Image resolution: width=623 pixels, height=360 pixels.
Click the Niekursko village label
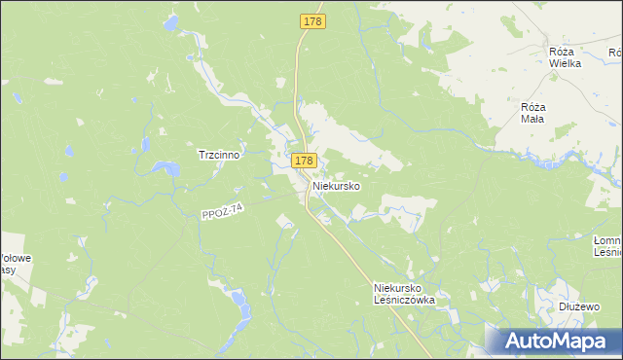(x=337, y=185)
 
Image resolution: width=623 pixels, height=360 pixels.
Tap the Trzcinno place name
(x=219, y=154)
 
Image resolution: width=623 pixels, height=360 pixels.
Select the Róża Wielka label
(x=565, y=57)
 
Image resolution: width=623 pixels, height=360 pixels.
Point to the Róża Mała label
(x=533, y=112)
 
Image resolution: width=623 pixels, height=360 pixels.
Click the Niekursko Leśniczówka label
(x=404, y=294)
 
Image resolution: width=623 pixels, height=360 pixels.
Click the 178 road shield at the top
(x=311, y=19)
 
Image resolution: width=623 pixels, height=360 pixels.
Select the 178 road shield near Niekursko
(x=303, y=160)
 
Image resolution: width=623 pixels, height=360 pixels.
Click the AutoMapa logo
(x=554, y=340)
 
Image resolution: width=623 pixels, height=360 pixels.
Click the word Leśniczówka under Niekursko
(x=404, y=300)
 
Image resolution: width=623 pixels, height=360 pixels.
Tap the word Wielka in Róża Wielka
(x=565, y=63)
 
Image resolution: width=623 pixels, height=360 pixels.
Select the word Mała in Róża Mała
(x=533, y=118)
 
